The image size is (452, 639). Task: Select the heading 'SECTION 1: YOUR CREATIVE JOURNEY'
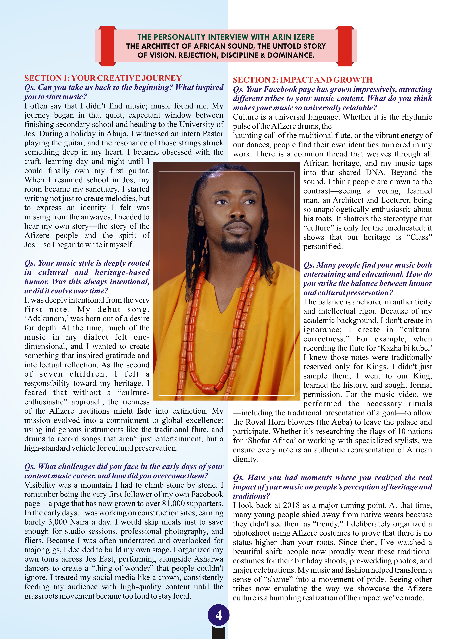tap(103, 78)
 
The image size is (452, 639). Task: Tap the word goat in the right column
tap(388, 413)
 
